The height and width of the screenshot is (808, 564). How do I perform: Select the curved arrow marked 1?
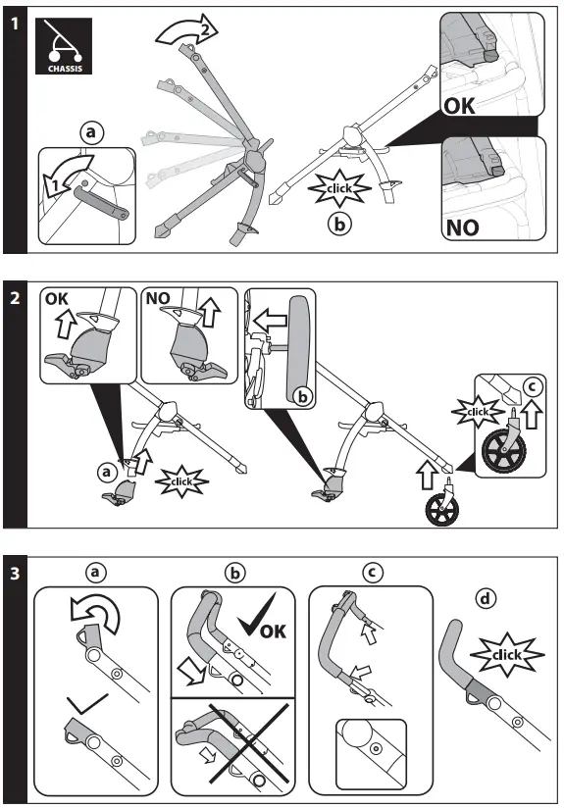click(x=68, y=174)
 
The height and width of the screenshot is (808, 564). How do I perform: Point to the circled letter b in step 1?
click(x=338, y=223)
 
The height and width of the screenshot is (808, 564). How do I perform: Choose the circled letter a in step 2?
click(x=106, y=472)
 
